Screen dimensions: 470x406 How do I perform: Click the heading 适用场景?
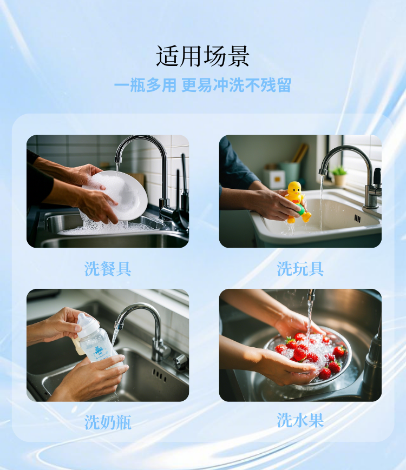point(202,56)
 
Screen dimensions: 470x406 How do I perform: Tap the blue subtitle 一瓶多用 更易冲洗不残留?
point(202,85)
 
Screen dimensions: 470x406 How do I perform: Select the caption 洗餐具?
point(108,268)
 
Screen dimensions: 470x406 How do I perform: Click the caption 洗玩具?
point(300,268)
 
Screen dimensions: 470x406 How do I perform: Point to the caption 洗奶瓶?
point(108,422)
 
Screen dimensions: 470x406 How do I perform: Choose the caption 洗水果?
point(300,420)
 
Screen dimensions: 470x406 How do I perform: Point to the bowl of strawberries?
point(309,357)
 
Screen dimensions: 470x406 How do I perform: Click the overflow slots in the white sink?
point(357,218)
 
